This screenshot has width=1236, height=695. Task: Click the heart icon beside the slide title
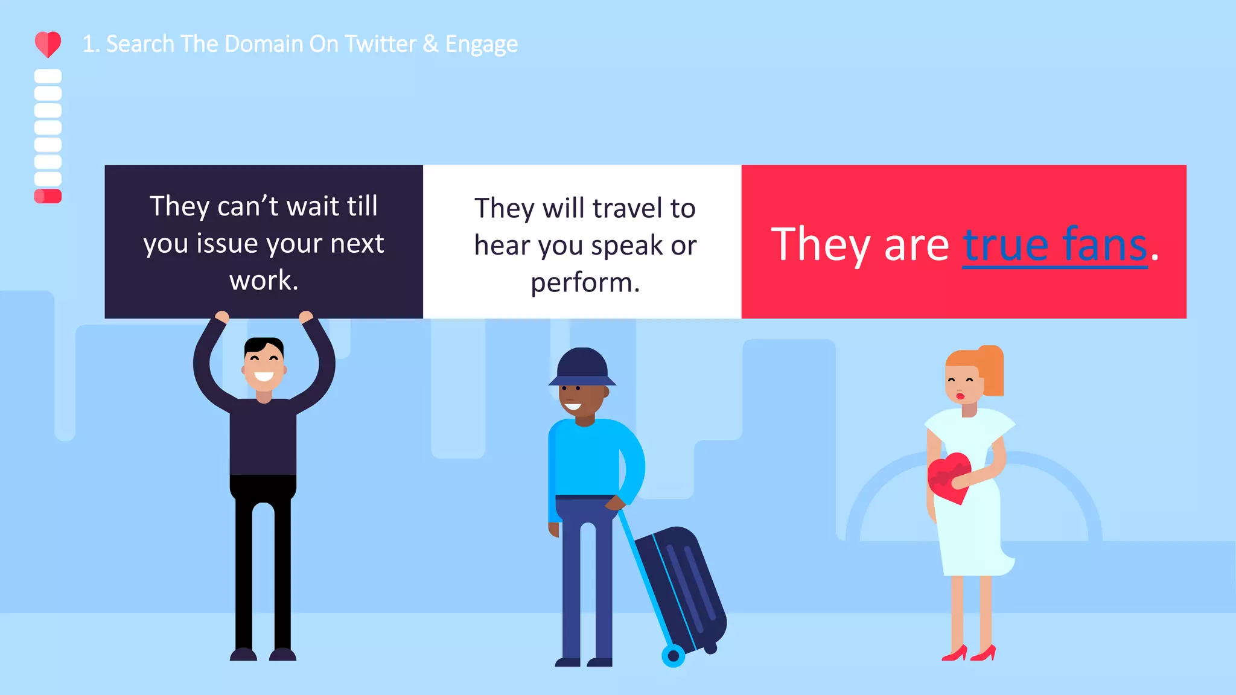coord(48,44)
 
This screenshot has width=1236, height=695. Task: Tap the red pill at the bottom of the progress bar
coord(48,196)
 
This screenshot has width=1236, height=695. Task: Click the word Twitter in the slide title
coord(380,44)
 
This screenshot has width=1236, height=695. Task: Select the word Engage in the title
coord(481,45)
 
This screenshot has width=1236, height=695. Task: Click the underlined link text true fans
coord(1054,245)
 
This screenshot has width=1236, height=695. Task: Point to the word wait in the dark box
coord(313,206)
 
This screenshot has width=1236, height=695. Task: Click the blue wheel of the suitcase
coord(673,655)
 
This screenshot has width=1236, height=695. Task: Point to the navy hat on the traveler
coord(582,367)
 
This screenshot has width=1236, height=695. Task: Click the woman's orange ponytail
coord(993,370)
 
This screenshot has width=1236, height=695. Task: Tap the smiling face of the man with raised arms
coord(264,364)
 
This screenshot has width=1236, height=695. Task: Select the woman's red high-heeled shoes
coord(969,653)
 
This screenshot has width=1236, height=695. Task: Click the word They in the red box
coord(821,245)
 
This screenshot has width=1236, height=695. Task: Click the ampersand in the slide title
coord(430,44)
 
